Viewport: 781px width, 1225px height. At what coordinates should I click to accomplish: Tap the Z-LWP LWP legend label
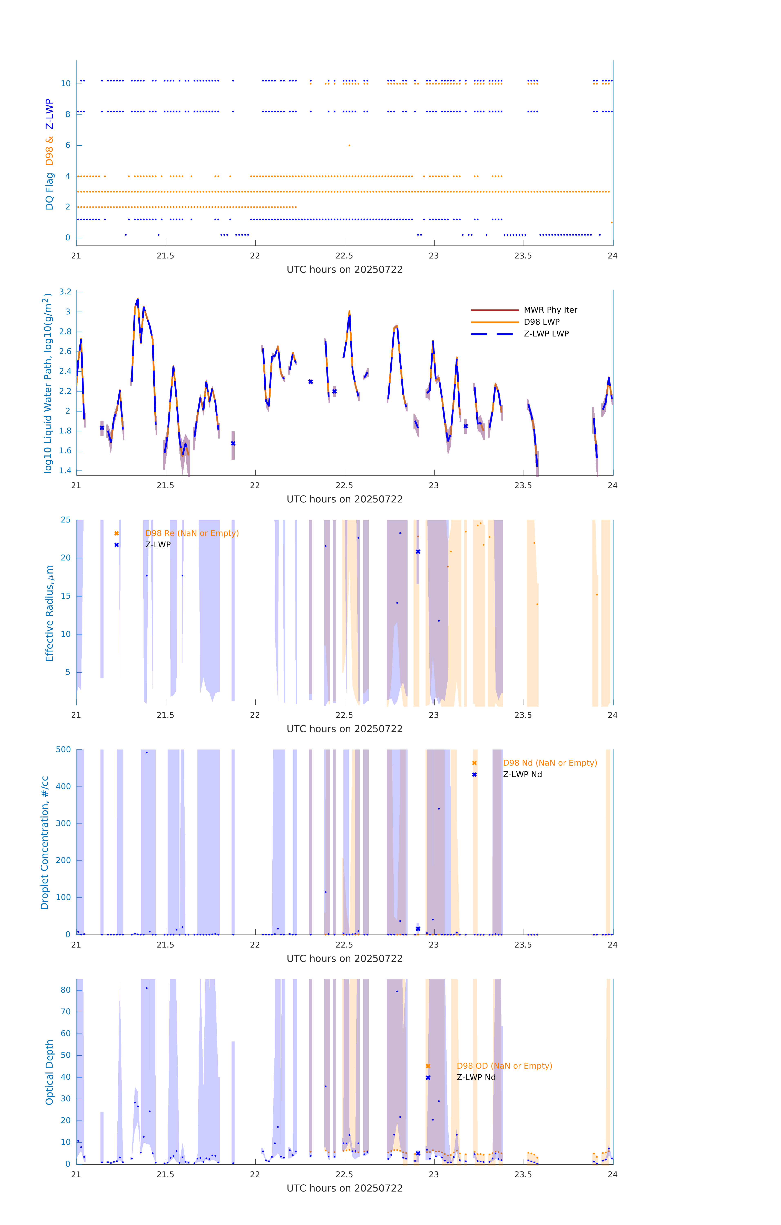click(546, 334)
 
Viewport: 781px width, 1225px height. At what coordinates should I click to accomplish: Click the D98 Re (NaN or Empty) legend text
click(192, 533)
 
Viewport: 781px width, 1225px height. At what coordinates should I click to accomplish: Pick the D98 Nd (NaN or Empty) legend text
click(549, 763)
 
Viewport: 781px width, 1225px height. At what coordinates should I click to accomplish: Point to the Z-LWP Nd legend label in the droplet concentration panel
click(522, 774)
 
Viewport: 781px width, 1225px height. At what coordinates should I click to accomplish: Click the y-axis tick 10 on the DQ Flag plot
click(66, 84)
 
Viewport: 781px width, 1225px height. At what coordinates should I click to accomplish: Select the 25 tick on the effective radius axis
click(66, 520)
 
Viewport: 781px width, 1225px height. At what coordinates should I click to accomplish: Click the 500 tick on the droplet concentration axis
click(64, 749)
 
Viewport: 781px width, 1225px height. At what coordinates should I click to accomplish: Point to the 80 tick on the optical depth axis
click(66, 990)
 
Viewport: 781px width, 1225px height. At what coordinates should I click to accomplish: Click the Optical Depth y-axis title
click(49, 1072)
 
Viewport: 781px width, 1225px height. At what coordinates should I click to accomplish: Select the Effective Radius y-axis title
click(49, 613)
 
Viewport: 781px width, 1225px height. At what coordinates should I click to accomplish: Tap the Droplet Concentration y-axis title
click(45, 842)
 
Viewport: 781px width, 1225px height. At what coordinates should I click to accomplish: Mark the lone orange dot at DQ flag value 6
click(349, 146)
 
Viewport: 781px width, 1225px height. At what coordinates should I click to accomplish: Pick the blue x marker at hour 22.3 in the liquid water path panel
click(310, 382)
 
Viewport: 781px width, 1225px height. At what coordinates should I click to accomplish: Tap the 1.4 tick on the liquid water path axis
click(65, 471)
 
